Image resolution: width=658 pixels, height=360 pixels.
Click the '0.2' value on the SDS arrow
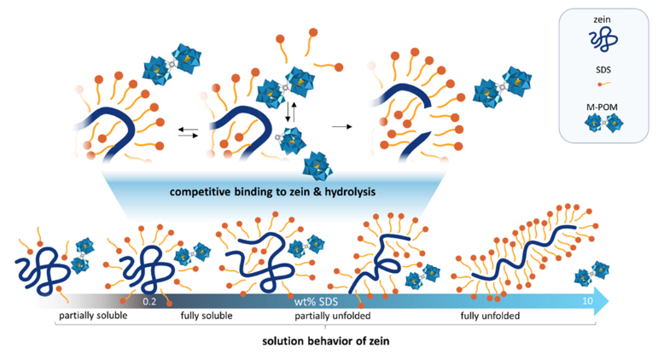150,300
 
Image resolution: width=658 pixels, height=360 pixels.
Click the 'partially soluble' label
94,317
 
